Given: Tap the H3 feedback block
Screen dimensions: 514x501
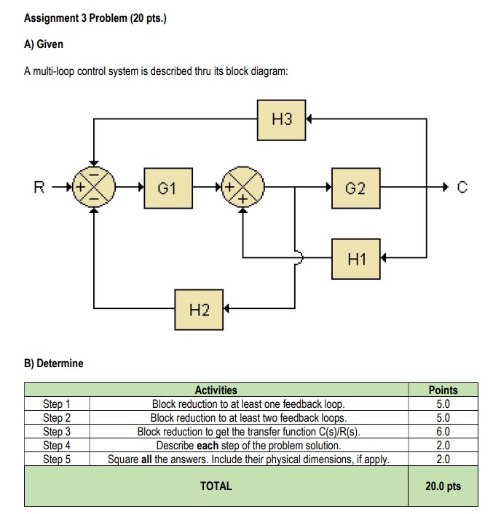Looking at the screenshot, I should tap(282, 119).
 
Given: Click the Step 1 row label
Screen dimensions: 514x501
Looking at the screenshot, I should tap(57, 403).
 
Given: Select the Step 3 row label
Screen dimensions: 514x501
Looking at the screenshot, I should tap(57, 431).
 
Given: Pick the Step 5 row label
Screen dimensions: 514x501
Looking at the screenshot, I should tap(57, 459).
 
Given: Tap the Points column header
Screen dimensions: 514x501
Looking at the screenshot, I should tap(443, 390).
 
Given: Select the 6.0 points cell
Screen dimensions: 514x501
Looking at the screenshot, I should tap(443, 431).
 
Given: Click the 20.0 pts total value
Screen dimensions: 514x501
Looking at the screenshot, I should tap(443, 486).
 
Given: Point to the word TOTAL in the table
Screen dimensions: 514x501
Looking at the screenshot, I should tap(216, 486).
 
